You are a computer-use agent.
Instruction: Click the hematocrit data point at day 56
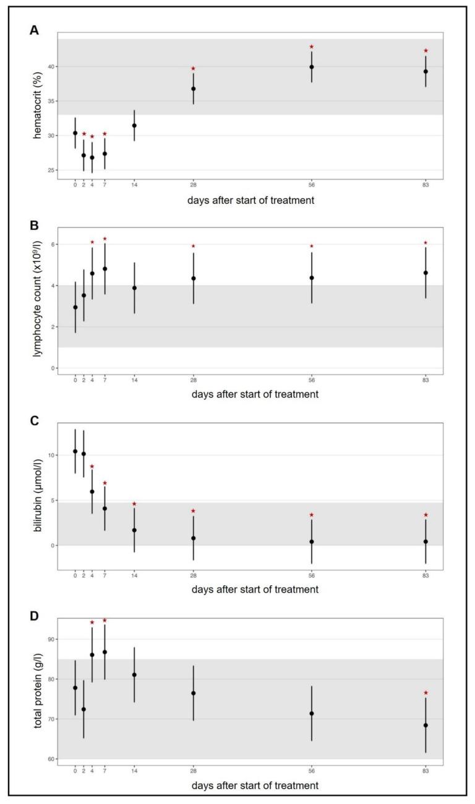(x=312, y=67)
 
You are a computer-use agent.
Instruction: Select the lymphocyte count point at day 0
(x=75, y=307)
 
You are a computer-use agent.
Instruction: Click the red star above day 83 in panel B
(x=426, y=243)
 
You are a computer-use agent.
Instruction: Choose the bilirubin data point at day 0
(x=75, y=451)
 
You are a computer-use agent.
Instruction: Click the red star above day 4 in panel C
(x=92, y=467)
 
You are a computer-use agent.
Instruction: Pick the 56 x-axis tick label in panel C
(x=312, y=575)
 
